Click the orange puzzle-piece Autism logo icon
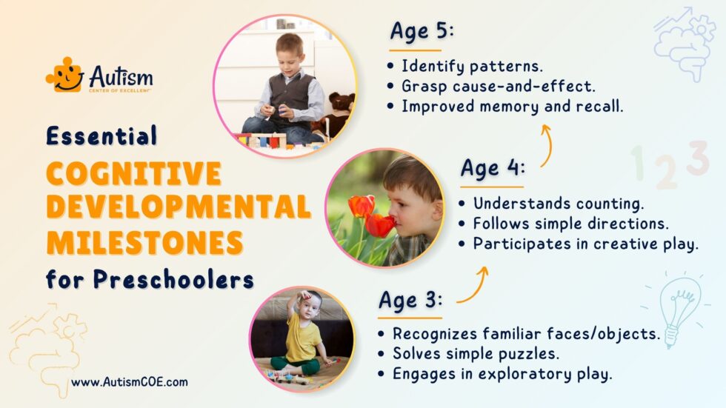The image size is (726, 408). (65, 75)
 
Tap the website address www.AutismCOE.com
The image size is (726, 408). (130, 382)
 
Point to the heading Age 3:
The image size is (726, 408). (410, 300)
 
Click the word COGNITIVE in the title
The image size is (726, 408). (133, 173)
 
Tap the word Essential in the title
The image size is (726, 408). (101, 135)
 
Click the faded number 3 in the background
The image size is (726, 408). (696, 158)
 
